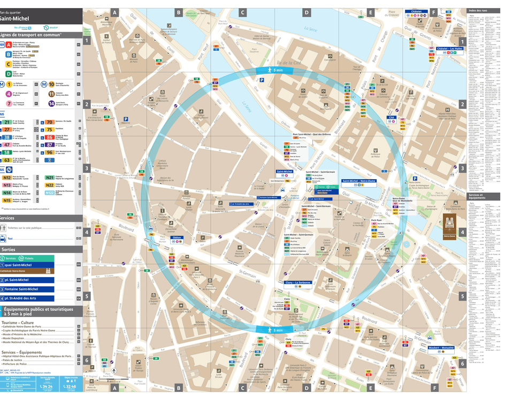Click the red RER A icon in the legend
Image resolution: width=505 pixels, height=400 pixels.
[9, 45]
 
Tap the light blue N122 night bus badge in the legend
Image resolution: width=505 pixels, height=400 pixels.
[50, 193]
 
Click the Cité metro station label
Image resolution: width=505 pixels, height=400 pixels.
[391, 117]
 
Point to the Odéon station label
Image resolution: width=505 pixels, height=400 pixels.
[177, 237]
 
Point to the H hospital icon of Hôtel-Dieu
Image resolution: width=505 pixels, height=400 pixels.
[447, 110]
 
